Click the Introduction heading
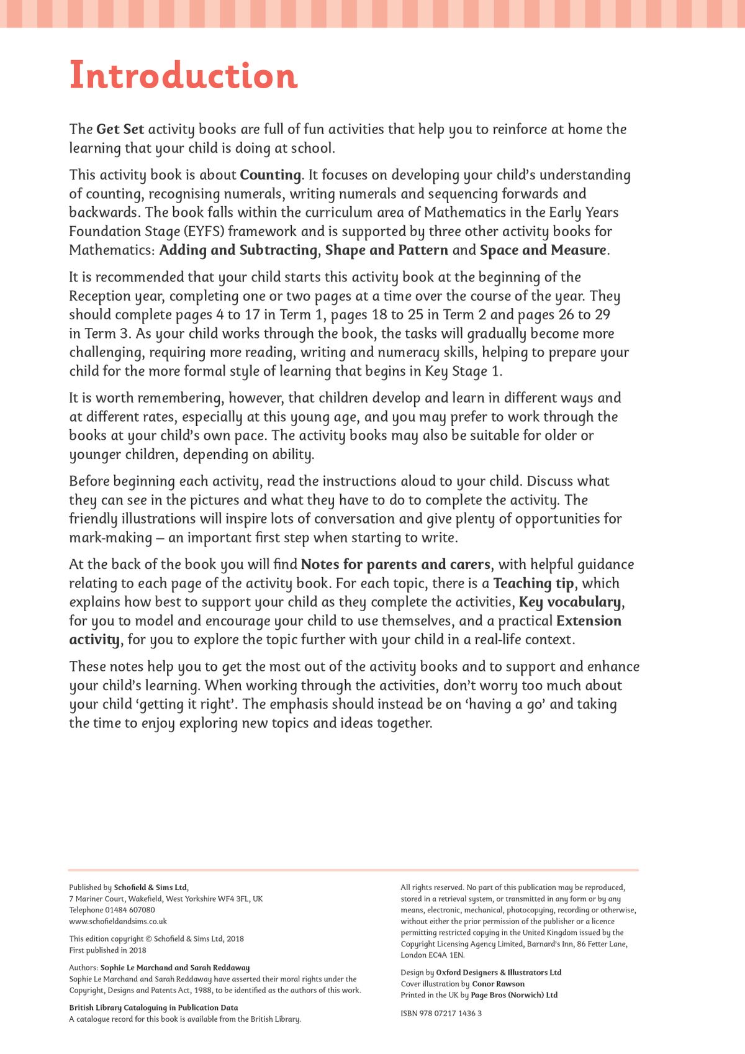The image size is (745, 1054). pos(183,76)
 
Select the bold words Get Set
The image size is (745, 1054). pos(120,129)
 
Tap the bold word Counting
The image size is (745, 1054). pos(270,175)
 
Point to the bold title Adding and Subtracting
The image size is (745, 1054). pos(238,250)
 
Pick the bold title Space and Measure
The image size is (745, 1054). pos(543,250)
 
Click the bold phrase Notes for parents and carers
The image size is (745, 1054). pos(395,565)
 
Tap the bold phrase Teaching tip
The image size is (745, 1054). pos(533,583)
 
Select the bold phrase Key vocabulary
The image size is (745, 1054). pos(570,602)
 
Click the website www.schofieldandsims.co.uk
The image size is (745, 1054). pos(118,921)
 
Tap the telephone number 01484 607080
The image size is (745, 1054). pos(130,910)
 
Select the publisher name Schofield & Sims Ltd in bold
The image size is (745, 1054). pos(150,888)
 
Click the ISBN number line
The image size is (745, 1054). pos(441,1013)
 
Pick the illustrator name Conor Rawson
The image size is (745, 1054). pos(498,984)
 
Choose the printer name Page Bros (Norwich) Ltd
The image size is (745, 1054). pos(514,995)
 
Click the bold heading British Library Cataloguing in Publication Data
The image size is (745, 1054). pos(153,1007)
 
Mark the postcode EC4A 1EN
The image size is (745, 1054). pos(447,955)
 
